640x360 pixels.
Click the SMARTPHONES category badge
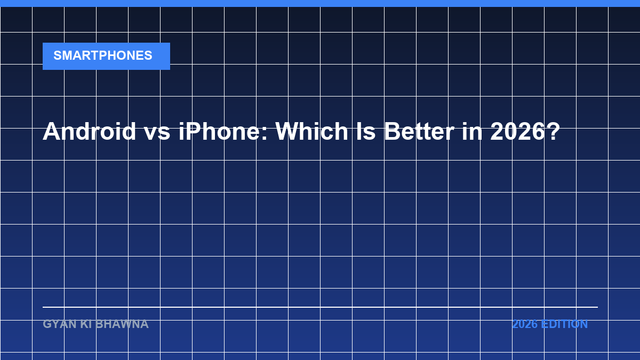[x=106, y=57]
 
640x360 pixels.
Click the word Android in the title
[x=89, y=131]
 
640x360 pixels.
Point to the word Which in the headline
[x=311, y=131]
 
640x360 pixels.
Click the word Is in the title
[x=366, y=131]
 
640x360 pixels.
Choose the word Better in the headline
[x=419, y=131]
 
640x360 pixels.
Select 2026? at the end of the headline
[x=525, y=131]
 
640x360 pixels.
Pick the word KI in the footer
[x=86, y=324]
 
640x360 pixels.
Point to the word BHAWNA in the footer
[x=122, y=324]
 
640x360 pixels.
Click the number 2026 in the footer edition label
[x=525, y=324]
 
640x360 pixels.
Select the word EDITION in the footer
[x=564, y=324]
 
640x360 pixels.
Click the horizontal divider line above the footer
[x=321, y=307]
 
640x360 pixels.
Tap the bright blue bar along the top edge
[x=320, y=3]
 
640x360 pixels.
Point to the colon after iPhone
[x=265, y=134]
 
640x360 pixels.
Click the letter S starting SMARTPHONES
[x=58, y=55]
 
